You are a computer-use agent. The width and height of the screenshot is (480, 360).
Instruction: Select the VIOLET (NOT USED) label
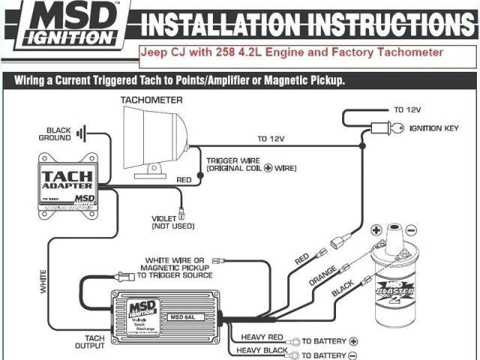point(173,221)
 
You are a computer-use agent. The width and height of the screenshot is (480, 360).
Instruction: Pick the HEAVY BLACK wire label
point(263,351)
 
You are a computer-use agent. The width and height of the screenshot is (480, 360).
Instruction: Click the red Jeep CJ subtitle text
point(292,52)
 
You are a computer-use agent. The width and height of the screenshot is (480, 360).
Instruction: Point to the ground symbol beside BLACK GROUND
point(82,134)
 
